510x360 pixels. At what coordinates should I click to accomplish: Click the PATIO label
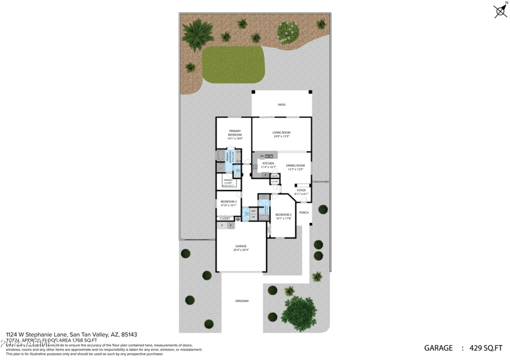(x=281, y=104)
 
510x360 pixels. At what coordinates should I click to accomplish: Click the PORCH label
(x=303, y=212)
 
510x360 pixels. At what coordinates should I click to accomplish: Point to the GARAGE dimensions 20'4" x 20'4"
(x=241, y=250)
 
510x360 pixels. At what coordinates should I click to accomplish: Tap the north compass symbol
(x=500, y=10)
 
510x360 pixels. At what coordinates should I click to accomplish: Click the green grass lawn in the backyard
(x=233, y=64)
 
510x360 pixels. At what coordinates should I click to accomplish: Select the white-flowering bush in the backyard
(x=288, y=30)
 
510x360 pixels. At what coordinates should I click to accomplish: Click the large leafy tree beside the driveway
(x=298, y=311)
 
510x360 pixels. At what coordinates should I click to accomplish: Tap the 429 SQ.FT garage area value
(x=486, y=348)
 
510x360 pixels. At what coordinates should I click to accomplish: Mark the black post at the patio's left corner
(x=253, y=92)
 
